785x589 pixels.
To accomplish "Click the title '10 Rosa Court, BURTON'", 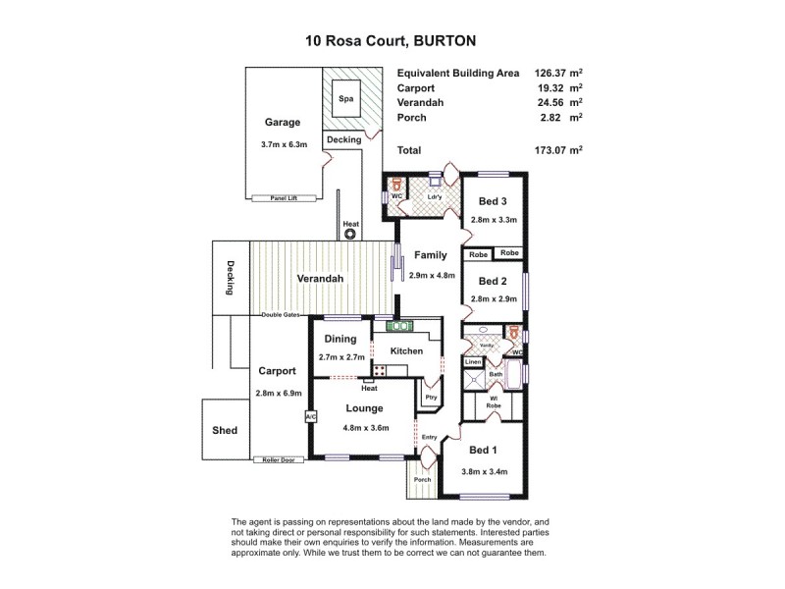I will (x=392, y=42).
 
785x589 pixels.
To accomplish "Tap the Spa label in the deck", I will (x=344, y=99).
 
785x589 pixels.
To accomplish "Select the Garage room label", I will (x=282, y=123).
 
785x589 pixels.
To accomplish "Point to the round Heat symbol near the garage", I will (x=350, y=235).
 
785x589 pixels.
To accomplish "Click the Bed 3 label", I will (x=493, y=200).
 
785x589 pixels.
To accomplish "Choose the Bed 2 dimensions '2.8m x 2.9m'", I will (x=493, y=298).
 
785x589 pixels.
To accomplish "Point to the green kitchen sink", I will (x=400, y=326).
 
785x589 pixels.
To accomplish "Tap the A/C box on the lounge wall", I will (x=310, y=416).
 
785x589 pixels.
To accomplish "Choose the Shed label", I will (x=225, y=430).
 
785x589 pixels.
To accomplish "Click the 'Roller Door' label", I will (x=279, y=459).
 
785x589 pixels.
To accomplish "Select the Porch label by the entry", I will (x=422, y=480).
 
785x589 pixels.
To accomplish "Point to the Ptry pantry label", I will (x=430, y=398).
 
